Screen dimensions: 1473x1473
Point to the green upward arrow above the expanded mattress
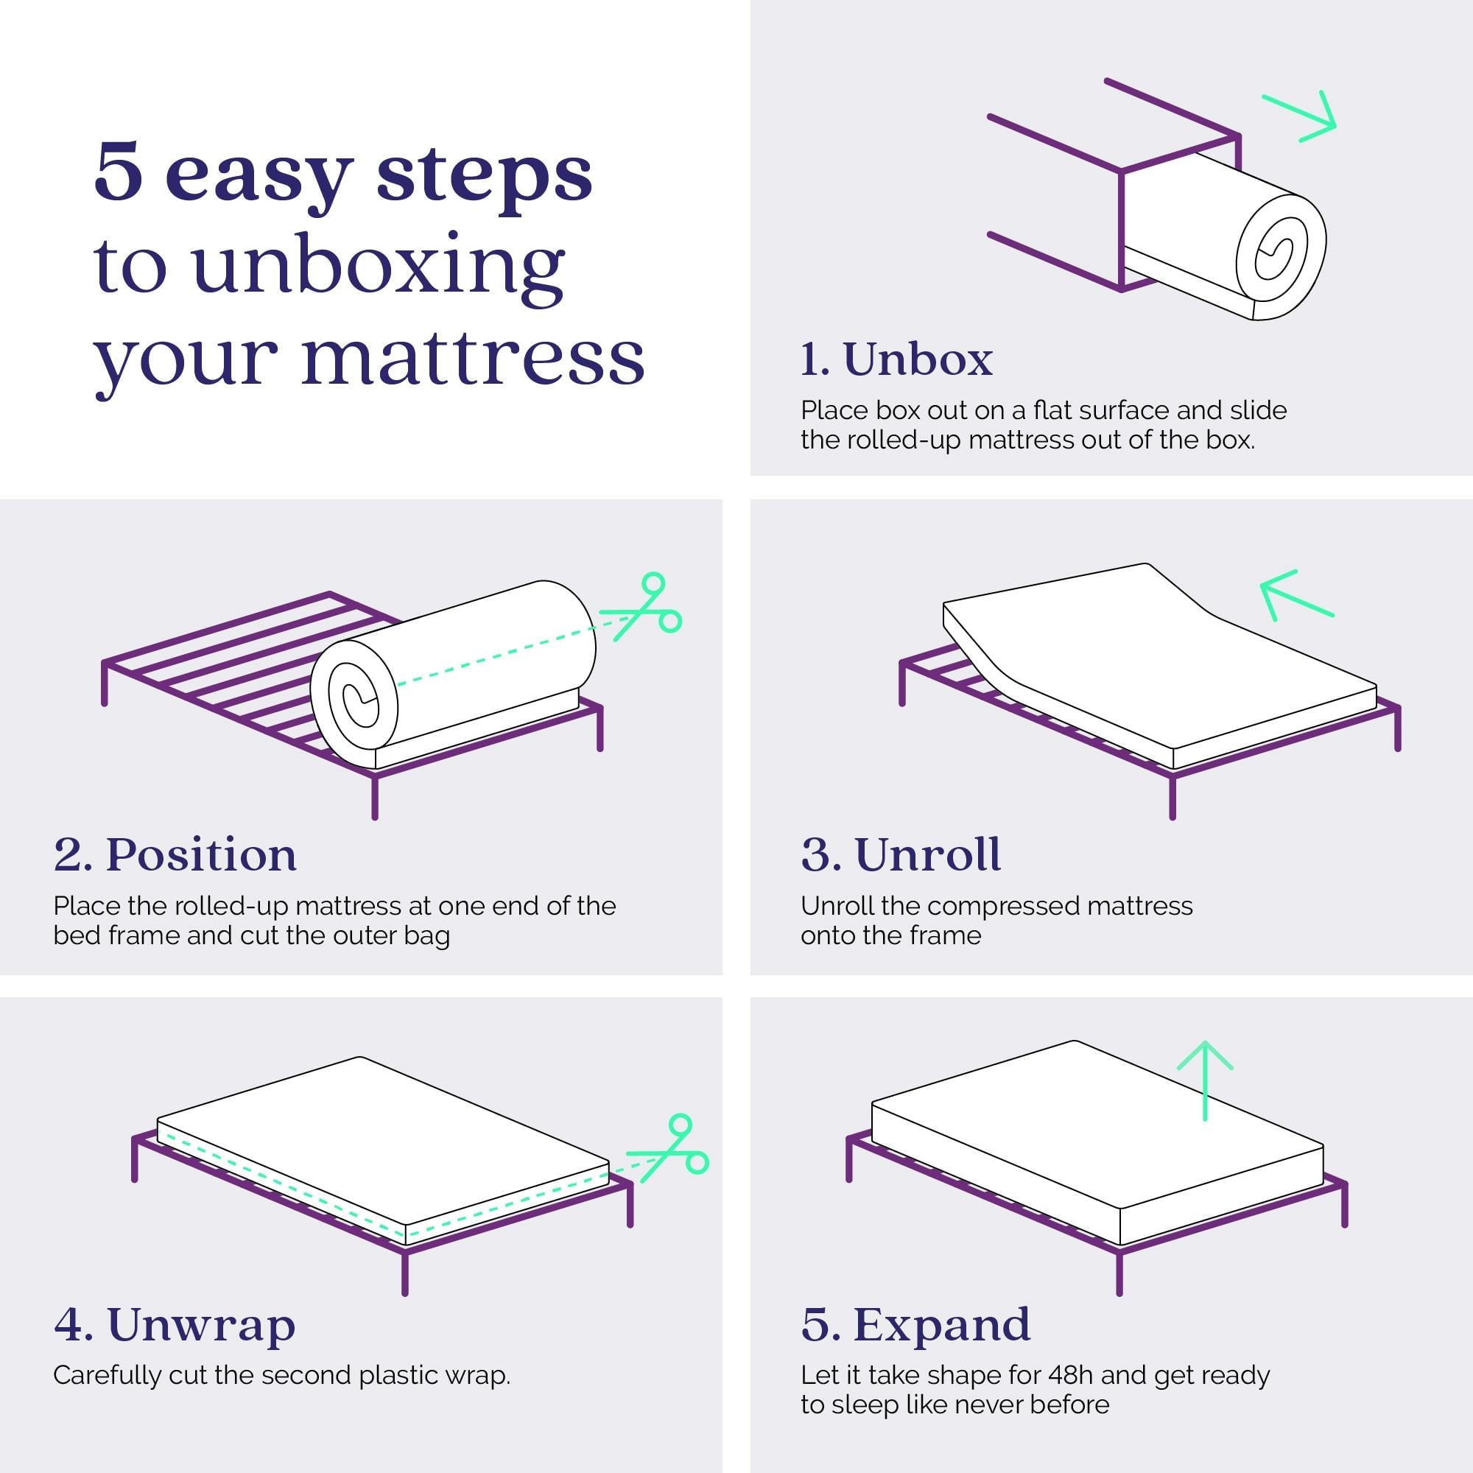(x=1205, y=1080)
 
